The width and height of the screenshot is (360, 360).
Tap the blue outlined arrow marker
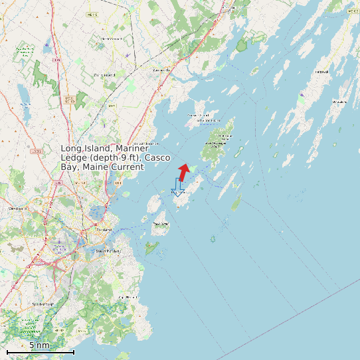click(x=177, y=188)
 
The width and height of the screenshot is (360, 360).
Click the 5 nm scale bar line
click(x=40, y=352)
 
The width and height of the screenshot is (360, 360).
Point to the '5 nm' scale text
click(x=39, y=345)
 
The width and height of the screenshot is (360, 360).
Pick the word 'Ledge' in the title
click(x=75, y=158)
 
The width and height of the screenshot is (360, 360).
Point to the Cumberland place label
click(x=104, y=75)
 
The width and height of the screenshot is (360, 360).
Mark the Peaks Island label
click(x=160, y=224)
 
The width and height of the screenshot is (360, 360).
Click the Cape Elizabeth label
click(x=126, y=296)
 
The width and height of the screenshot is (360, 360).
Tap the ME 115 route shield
click(x=92, y=14)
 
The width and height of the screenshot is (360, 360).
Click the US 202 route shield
click(x=35, y=151)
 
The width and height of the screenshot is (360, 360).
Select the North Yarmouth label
click(x=112, y=39)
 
